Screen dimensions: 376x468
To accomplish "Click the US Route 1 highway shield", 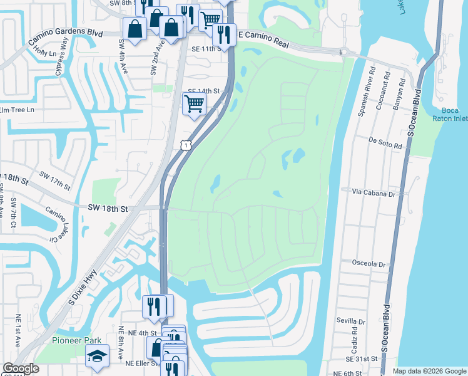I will point(185,145).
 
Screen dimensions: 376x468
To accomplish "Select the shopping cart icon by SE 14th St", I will point(194,103).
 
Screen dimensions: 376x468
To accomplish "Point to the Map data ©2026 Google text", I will point(429,371).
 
